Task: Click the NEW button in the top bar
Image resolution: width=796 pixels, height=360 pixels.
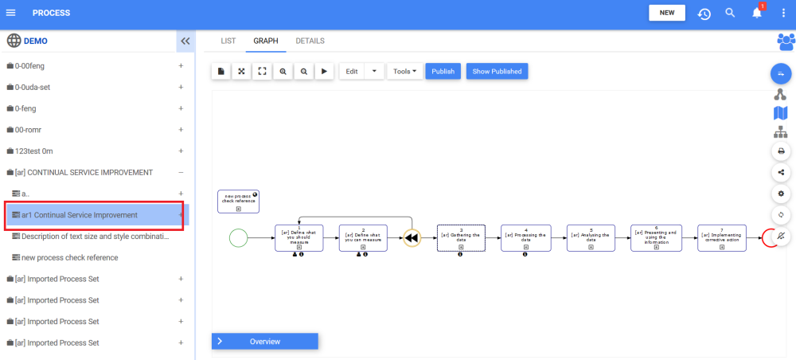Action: [x=667, y=13]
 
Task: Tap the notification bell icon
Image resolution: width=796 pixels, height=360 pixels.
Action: [x=757, y=14]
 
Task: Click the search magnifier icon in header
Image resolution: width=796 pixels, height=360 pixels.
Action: [x=730, y=14]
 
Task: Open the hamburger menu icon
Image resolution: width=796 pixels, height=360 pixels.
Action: [x=11, y=13]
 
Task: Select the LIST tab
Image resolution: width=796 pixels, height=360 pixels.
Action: [x=228, y=41]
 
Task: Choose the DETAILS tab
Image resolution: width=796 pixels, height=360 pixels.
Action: [x=310, y=41]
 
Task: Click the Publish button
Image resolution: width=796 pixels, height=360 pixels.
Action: [x=443, y=72]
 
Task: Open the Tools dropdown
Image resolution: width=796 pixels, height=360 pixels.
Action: [x=405, y=72]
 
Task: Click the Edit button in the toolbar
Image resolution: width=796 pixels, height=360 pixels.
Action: [x=352, y=72]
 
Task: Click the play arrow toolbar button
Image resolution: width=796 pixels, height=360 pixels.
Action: [x=324, y=72]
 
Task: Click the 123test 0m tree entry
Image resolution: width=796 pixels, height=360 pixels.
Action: [x=33, y=151]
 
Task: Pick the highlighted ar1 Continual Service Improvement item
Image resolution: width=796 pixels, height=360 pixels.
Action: [x=80, y=215]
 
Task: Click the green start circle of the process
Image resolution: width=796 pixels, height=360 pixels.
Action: [x=238, y=237]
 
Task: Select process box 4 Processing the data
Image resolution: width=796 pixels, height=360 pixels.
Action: [x=525, y=237]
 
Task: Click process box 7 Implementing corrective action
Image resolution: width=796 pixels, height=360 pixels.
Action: [x=722, y=237]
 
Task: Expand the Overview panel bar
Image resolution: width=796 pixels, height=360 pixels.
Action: [x=265, y=341]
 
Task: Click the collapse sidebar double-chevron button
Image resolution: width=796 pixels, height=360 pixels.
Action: [x=185, y=41]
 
